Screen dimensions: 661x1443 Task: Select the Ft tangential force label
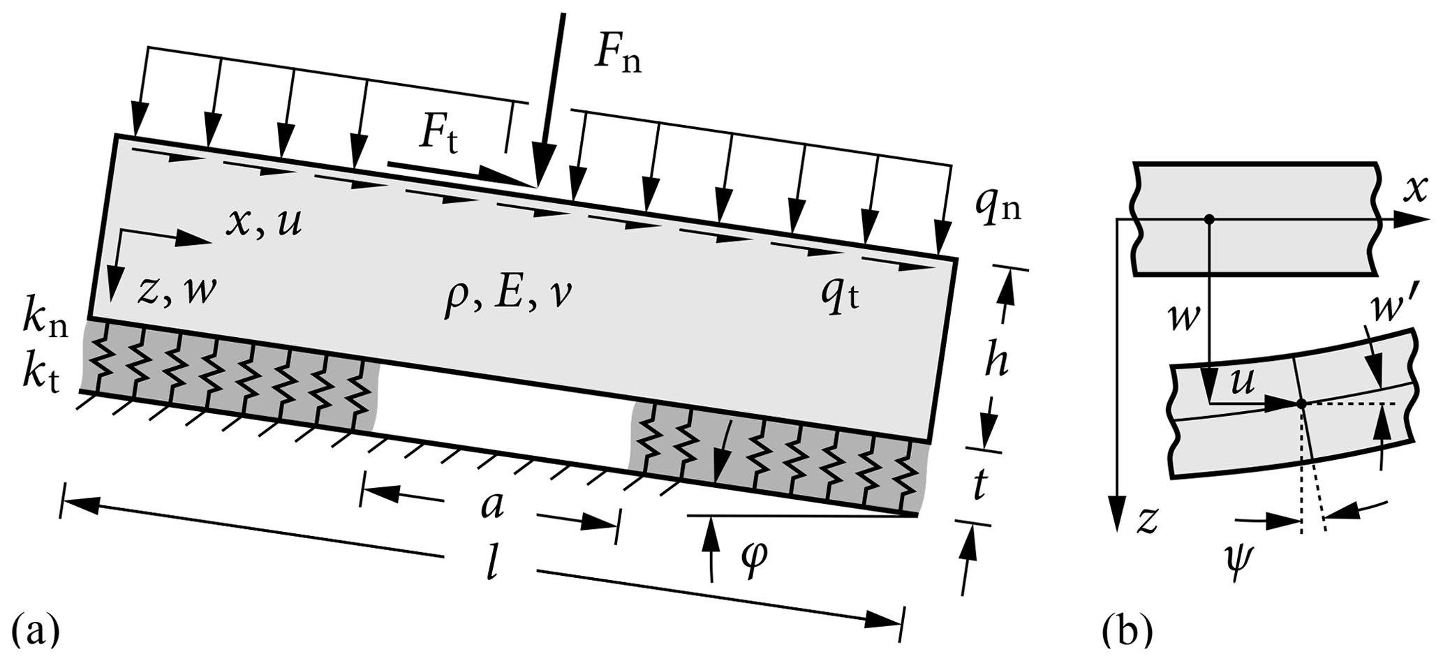pos(438,135)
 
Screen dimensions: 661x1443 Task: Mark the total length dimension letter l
pos(492,567)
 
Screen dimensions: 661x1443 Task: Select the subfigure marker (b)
pos(1126,632)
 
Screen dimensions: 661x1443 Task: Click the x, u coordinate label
pos(264,223)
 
